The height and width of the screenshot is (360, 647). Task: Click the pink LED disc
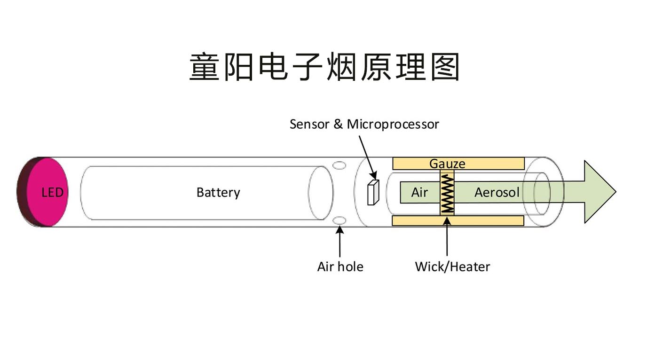click(x=47, y=192)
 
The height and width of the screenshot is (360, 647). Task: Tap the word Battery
click(x=218, y=192)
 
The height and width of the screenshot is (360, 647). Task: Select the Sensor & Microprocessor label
click(x=364, y=124)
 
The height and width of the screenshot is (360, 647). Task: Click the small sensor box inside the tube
click(x=372, y=192)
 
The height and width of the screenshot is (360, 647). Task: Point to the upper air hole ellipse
click(x=339, y=165)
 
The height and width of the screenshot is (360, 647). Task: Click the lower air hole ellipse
click(x=339, y=220)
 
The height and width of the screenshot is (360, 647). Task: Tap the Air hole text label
click(x=340, y=266)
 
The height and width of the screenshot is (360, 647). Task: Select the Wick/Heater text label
click(x=452, y=266)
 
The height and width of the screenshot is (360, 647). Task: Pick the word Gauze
click(x=447, y=164)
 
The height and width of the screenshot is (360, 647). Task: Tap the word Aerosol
click(x=497, y=192)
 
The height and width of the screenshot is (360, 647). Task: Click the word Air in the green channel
click(x=419, y=192)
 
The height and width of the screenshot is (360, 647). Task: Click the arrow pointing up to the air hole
click(x=339, y=242)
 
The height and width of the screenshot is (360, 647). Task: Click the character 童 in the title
click(x=205, y=67)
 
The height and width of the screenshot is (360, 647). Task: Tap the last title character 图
click(x=444, y=67)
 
